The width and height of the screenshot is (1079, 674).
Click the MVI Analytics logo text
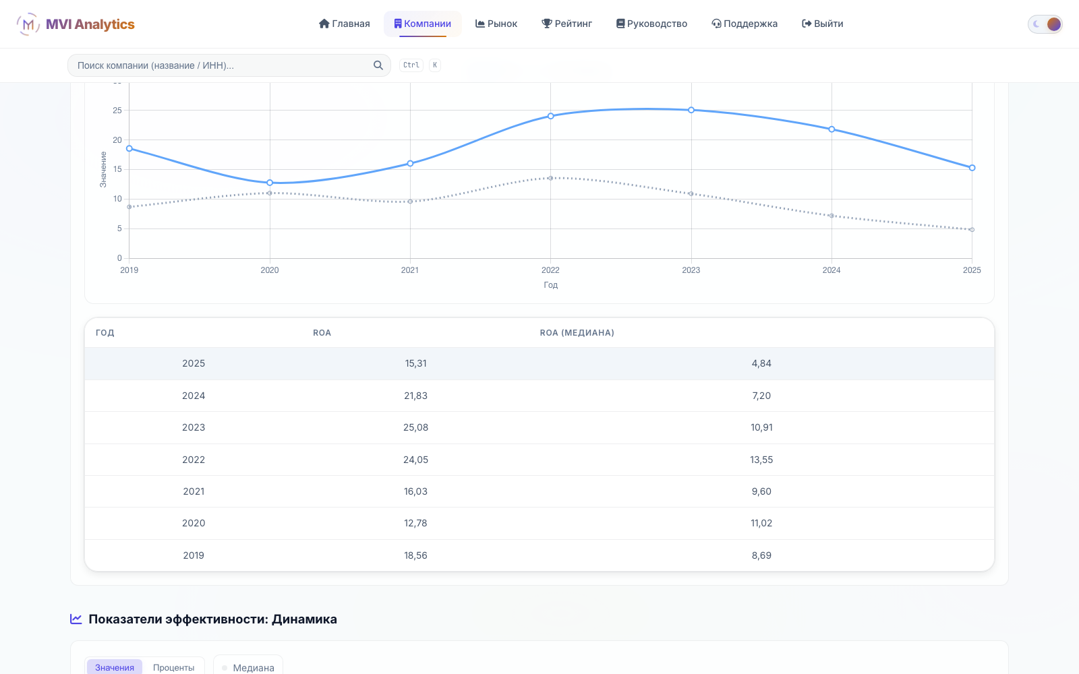pos(90,24)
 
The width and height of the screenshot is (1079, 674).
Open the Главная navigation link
pos(345,24)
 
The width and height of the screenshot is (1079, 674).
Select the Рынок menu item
pos(496,24)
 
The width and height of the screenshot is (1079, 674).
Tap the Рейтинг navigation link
pos(567,24)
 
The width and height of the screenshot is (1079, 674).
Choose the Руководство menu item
pos(651,24)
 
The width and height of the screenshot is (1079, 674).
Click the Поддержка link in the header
pos(745,24)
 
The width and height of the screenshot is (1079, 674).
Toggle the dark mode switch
pos(1045,24)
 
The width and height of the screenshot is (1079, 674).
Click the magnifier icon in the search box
pos(378,65)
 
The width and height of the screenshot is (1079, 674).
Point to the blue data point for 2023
pos(691,111)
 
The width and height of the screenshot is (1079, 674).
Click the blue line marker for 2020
pos(270,183)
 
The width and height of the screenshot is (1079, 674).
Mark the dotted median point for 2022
pos(550,178)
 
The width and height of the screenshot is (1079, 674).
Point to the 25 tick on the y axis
pos(117,111)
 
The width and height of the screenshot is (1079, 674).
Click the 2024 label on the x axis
pos(832,270)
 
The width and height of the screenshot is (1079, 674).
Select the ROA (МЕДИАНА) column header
pos(577,333)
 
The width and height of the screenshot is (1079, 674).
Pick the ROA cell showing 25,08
pos(415,427)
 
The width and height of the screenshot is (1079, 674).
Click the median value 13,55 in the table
pos(761,460)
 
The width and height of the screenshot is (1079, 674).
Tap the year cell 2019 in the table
pos(194,555)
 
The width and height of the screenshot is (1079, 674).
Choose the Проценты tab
pos(173,668)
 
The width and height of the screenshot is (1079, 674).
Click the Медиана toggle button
pos(248,668)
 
